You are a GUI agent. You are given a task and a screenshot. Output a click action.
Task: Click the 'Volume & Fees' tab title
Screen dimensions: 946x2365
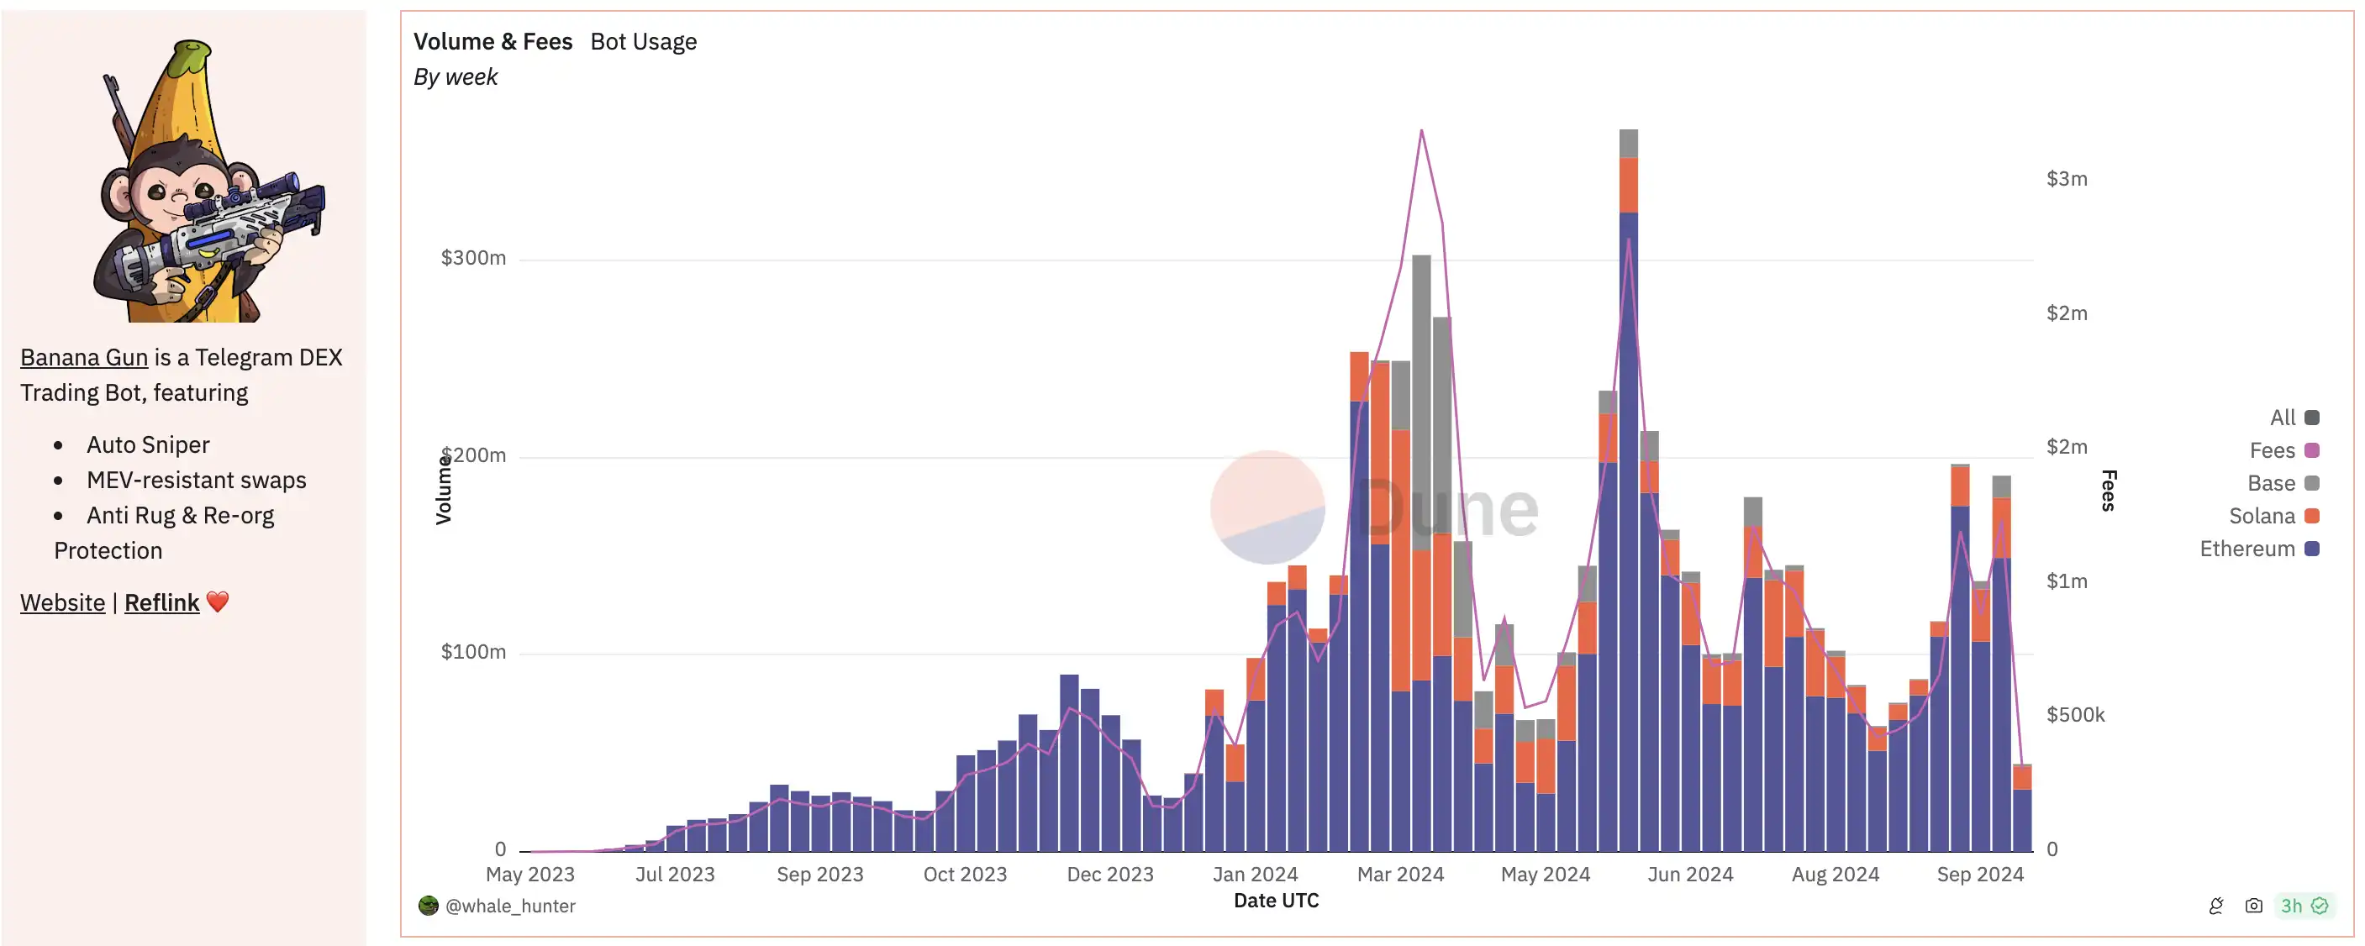click(x=492, y=41)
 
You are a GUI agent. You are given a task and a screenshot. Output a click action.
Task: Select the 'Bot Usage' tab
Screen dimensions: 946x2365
click(x=643, y=41)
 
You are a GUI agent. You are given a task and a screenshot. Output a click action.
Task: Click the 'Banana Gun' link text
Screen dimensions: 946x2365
click(x=83, y=357)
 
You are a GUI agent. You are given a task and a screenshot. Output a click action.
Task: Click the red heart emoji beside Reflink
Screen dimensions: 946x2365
click(x=218, y=602)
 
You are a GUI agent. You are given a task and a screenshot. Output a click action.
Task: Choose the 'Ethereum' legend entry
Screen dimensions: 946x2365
click(x=2257, y=549)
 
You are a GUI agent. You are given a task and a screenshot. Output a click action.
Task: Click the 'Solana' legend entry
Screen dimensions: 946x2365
click(x=2273, y=516)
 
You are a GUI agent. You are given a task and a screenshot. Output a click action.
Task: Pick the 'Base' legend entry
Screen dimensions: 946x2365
click(x=2282, y=482)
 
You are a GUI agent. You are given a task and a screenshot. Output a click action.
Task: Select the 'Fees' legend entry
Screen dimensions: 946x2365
click(x=2283, y=449)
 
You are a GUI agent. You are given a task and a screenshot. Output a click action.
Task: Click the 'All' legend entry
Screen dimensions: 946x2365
click(x=2293, y=418)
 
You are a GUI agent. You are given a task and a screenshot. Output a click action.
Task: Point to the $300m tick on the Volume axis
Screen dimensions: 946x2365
click(x=473, y=258)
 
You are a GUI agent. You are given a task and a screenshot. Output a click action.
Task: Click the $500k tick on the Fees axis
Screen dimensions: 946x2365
click(x=2075, y=715)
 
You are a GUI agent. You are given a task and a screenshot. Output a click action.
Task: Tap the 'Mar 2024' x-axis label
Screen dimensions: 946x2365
click(x=1400, y=875)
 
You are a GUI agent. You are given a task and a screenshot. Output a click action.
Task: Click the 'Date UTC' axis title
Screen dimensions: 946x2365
click(x=1275, y=900)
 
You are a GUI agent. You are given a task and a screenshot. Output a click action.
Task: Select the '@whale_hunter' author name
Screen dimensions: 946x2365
click(x=509, y=906)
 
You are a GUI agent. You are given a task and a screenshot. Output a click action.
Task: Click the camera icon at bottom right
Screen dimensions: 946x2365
click(x=2253, y=906)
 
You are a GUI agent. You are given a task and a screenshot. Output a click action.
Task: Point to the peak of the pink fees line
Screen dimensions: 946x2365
click(x=1421, y=131)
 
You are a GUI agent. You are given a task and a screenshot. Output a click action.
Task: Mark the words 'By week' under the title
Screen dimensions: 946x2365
click(x=456, y=77)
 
